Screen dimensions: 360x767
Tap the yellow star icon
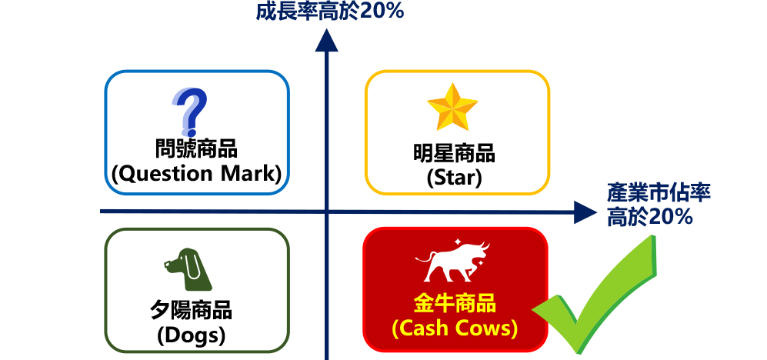[453, 108]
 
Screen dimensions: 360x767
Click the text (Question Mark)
[197, 174]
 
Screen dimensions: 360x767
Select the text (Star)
[454, 178]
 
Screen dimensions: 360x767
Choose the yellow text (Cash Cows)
[454, 328]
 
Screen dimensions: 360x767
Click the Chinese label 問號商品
[196, 148]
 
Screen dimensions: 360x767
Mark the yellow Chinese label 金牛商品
[454, 304]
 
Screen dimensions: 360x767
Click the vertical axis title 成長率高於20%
[330, 11]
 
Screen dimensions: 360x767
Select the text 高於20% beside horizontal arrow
[650, 217]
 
